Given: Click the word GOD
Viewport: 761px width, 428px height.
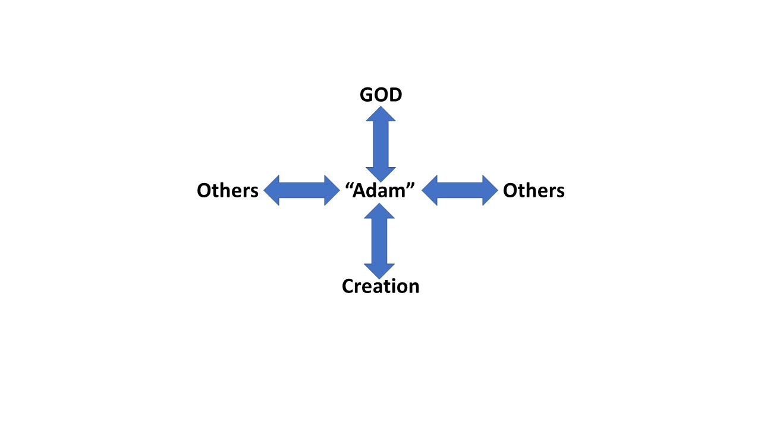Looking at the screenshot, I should pyautogui.click(x=380, y=95).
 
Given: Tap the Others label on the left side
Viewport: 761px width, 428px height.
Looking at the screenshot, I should pyautogui.click(x=228, y=190).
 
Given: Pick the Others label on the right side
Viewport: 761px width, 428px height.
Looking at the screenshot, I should pyautogui.click(x=533, y=190).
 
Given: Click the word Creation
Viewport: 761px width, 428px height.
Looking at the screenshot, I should pyautogui.click(x=380, y=286).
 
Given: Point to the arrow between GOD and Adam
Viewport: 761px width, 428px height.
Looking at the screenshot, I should pyautogui.click(x=380, y=144).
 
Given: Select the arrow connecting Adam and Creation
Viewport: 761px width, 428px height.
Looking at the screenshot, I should pyautogui.click(x=379, y=241).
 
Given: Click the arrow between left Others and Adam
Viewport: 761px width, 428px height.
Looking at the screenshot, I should pyautogui.click(x=301, y=190).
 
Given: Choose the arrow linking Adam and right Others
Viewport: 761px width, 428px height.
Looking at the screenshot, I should pyautogui.click(x=460, y=190).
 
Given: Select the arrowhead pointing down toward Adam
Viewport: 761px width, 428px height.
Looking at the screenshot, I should pyautogui.click(x=380, y=174).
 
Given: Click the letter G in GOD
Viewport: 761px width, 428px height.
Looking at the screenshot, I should pyautogui.click(x=367, y=95).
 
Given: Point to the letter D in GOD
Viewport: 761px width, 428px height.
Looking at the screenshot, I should pyautogui.click(x=395, y=95).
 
